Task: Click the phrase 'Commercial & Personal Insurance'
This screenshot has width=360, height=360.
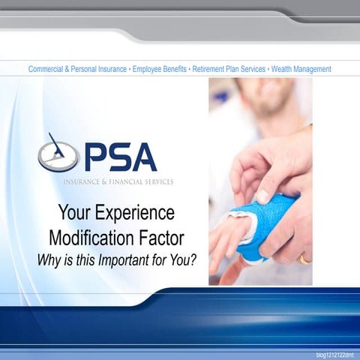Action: coord(77,69)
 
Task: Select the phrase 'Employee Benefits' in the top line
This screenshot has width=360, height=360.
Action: coord(160,69)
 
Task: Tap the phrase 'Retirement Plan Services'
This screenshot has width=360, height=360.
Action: coord(229,69)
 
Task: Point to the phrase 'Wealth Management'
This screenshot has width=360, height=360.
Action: coord(301,69)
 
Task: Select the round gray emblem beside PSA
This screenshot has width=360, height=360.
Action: coord(58,155)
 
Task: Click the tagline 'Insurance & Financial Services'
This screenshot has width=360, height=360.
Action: coord(117,181)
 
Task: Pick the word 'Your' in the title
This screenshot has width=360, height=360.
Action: coord(75,213)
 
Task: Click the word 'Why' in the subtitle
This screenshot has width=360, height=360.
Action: coord(50,260)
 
